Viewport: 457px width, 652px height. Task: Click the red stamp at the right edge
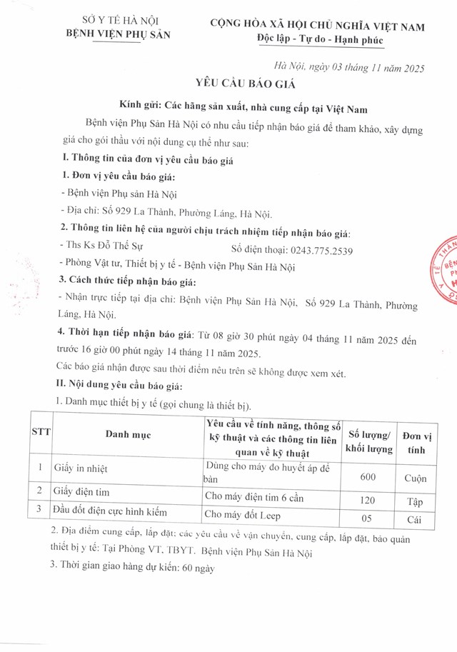click(x=446, y=271)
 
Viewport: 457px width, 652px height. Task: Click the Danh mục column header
click(x=128, y=433)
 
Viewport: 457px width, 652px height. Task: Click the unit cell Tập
click(x=416, y=501)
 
